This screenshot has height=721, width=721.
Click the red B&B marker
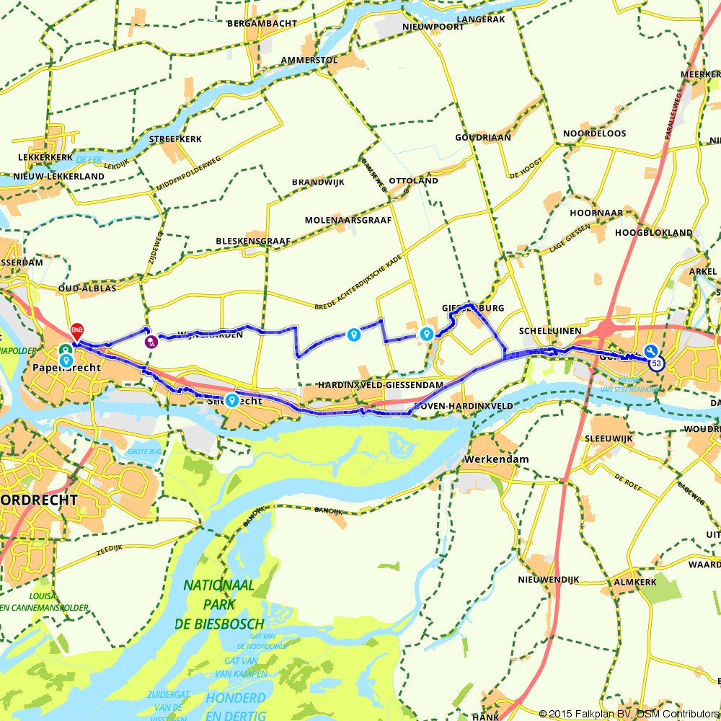pyautogui.click(x=76, y=331)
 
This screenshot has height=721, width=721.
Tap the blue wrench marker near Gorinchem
pyautogui.click(x=650, y=351)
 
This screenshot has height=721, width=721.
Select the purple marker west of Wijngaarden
pyautogui.click(x=151, y=342)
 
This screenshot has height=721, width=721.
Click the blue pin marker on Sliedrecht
pyautogui.click(x=231, y=399)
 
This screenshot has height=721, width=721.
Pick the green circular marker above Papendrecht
pyautogui.click(x=64, y=351)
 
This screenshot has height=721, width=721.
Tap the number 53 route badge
pyautogui.click(x=656, y=364)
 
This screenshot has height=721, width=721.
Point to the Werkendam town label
pyautogui.click(x=497, y=459)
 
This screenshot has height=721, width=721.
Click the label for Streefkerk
pyautogui.click(x=175, y=139)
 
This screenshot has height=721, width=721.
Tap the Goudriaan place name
pyautogui.click(x=482, y=137)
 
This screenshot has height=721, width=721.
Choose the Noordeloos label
pyautogui.click(x=594, y=133)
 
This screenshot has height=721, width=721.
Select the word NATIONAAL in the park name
pyautogui.click(x=218, y=585)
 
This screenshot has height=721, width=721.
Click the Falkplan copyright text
pyautogui.click(x=628, y=714)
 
